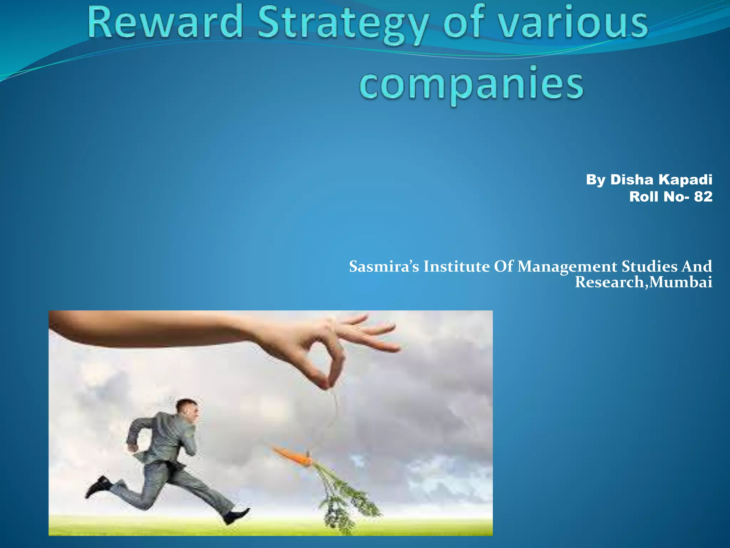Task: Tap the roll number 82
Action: pos(703,197)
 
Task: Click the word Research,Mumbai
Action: pos(643,282)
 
